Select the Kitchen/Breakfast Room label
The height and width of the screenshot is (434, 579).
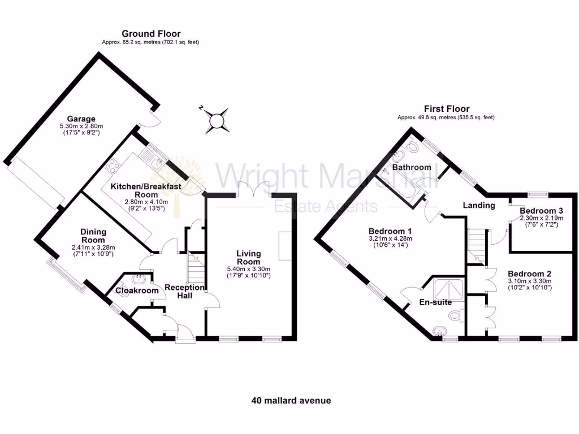[x=146, y=190]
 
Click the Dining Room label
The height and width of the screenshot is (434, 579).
[x=93, y=236]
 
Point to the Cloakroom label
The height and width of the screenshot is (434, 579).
[x=137, y=290]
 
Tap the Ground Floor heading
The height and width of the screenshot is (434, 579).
[x=151, y=34]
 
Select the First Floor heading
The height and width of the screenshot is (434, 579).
[x=447, y=109]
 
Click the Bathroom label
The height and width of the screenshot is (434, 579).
[x=412, y=167]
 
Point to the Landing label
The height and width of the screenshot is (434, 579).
[x=478, y=205]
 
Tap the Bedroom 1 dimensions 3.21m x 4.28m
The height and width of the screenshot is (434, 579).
[x=390, y=239]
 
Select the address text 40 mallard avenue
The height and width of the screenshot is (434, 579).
[x=291, y=400]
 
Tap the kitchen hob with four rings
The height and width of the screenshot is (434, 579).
[x=112, y=165]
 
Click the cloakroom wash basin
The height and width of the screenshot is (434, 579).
[x=137, y=279]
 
